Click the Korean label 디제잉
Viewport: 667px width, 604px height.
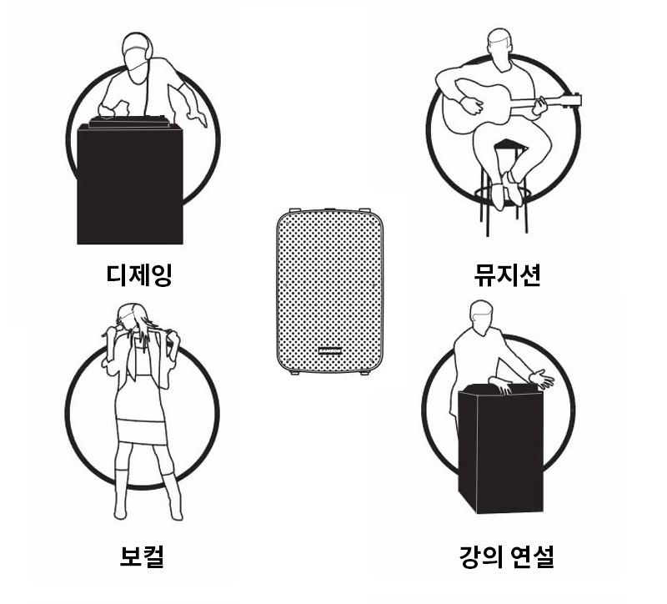tap(139, 275)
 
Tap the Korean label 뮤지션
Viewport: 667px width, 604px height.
tap(507, 275)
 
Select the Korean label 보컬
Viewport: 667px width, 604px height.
tap(142, 556)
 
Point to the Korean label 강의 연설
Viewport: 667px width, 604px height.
tap(507, 556)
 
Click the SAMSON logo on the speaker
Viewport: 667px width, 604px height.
tap(329, 351)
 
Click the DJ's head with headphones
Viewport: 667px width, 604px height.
tap(137, 58)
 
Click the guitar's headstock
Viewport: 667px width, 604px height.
tap(572, 101)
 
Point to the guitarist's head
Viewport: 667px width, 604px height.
tap(499, 49)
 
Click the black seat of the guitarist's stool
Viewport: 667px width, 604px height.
tap(509, 144)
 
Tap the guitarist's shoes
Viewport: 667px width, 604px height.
tap(511, 189)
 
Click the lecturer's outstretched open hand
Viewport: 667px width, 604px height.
tap(541, 379)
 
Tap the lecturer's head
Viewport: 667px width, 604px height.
tap(482, 318)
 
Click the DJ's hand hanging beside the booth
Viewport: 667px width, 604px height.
tap(198, 116)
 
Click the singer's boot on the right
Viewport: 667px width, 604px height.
tap(173, 496)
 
